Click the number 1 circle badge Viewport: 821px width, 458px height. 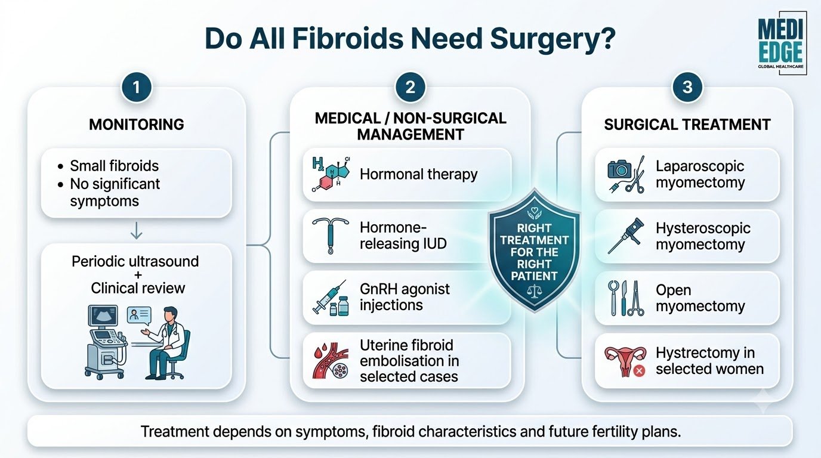click(137, 87)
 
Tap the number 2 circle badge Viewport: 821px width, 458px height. click(410, 87)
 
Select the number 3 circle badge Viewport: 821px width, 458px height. click(687, 87)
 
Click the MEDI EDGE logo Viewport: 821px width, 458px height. click(780, 44)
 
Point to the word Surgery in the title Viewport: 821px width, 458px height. click(553, 38)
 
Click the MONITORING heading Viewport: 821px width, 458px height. click(137, 125)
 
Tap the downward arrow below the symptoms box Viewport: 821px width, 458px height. click(137, 230)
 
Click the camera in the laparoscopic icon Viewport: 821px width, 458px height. click(619, 169)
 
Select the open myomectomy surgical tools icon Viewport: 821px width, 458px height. click(626, 298)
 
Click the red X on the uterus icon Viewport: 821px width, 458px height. click(639, 371)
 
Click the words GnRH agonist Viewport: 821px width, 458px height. click(405, 289)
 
